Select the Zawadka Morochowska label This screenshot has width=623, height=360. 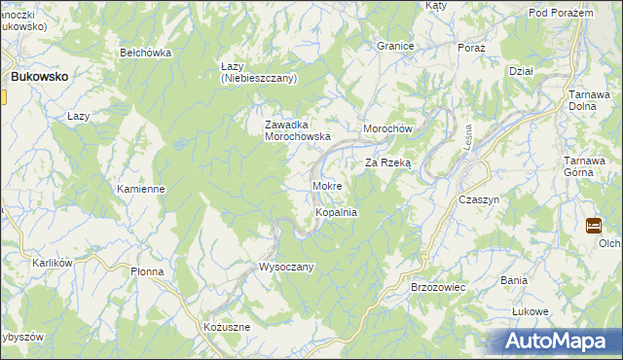click(x=299, y=130)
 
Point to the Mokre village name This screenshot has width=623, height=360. click(x=326, y=185)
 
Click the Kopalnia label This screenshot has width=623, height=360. click(x=337, y=211)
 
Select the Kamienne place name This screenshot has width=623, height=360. click(x=140, y=189)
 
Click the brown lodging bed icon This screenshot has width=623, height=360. click(x=594, y=226)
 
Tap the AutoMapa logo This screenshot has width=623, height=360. click(x=559, y=342)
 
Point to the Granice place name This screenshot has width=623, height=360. click(x=396, y=46)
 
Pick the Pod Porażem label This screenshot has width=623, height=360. click(x=562, y=12)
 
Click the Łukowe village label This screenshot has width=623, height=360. click(x=531, y=311)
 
